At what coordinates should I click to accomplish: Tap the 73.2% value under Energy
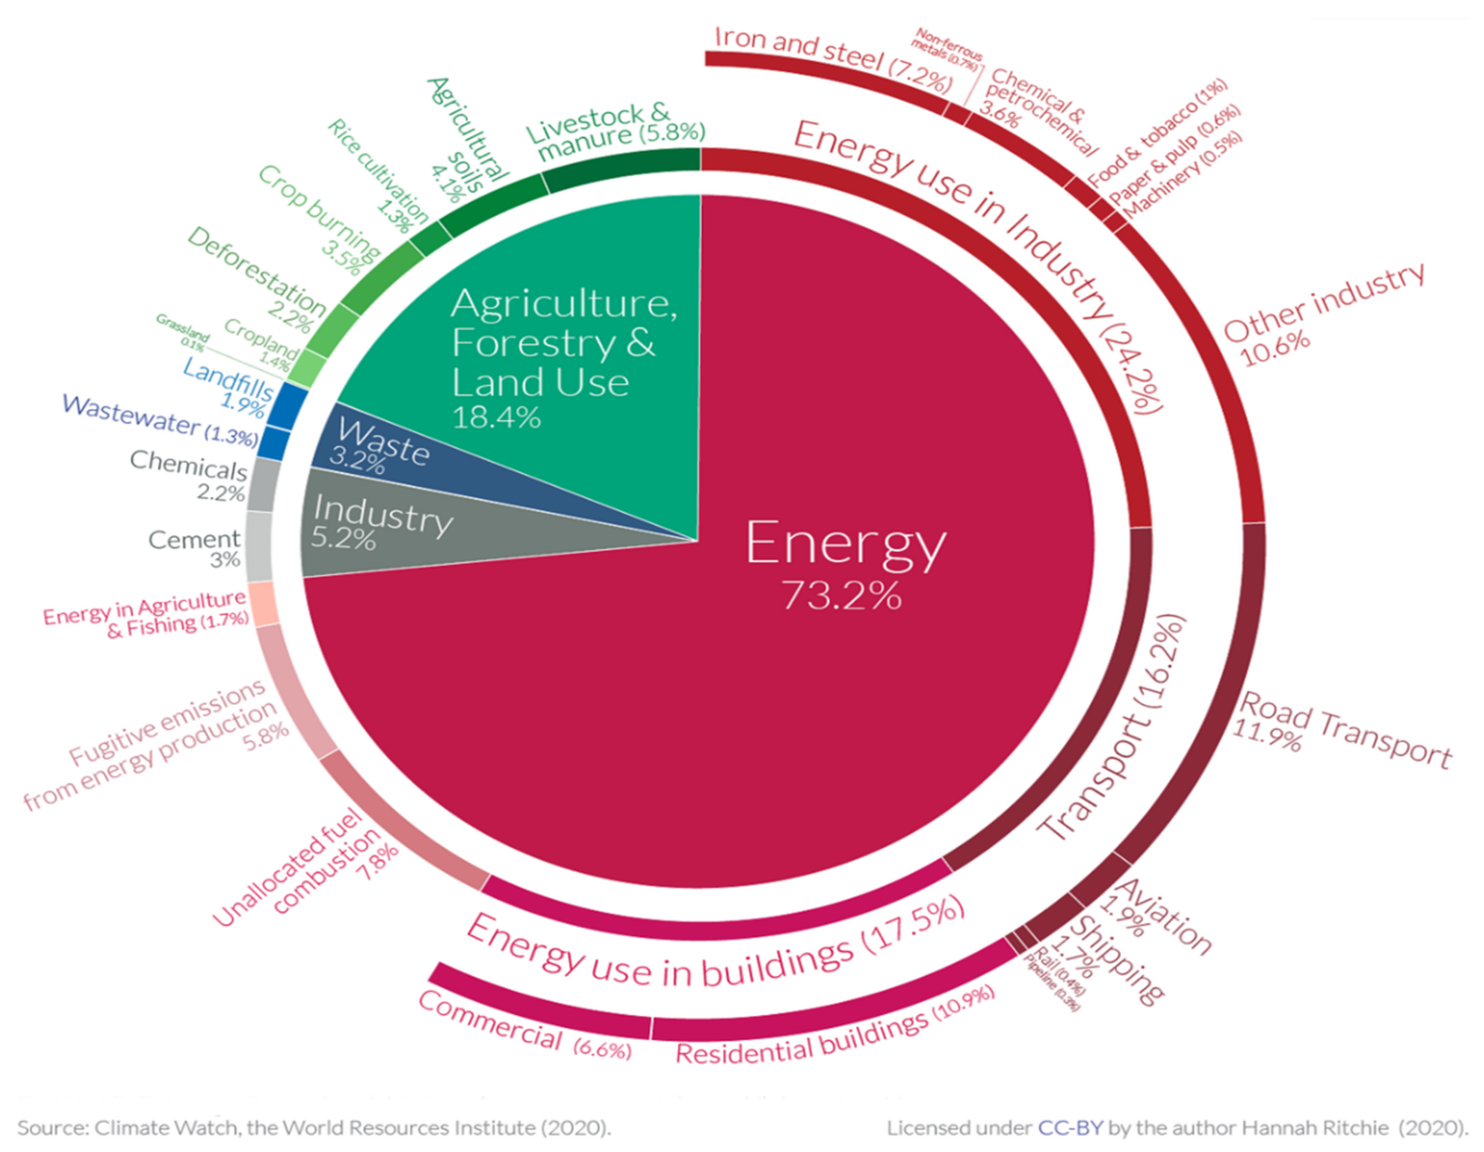click(841, 596)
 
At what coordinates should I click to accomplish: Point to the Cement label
click(194, 540)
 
